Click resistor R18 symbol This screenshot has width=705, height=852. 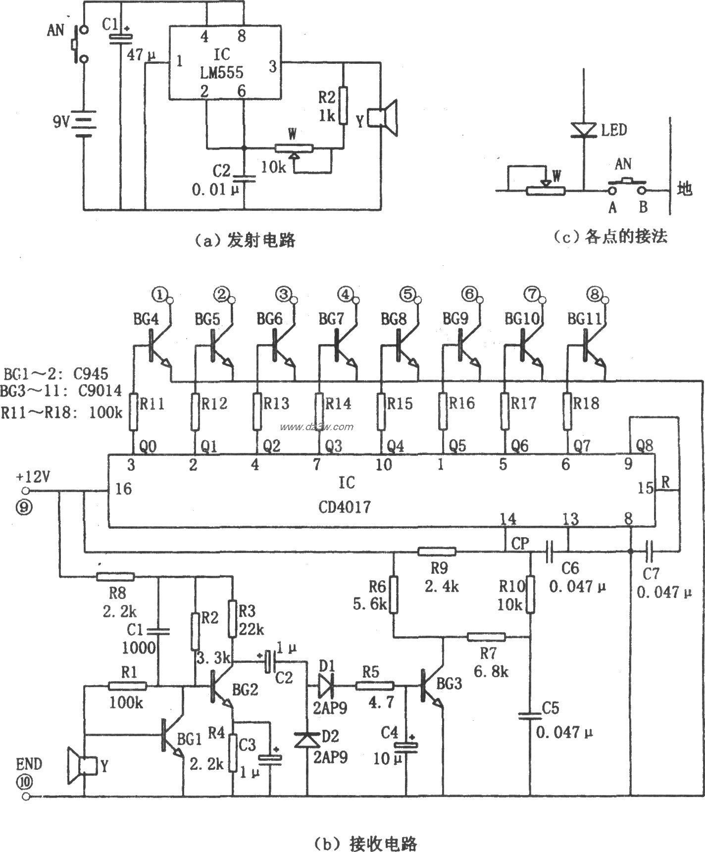point(567,410)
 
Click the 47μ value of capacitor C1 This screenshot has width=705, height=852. point(141,55)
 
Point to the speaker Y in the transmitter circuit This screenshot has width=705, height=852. point(386,118)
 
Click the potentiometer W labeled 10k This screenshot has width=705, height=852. point(294,148)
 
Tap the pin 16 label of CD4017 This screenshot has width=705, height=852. point(124,489)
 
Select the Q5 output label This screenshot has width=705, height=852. point(457,446)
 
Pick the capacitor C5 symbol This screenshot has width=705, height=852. point(530,715)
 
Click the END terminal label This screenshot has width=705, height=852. point(29,763)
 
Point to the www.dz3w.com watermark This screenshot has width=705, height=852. point(316,427)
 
